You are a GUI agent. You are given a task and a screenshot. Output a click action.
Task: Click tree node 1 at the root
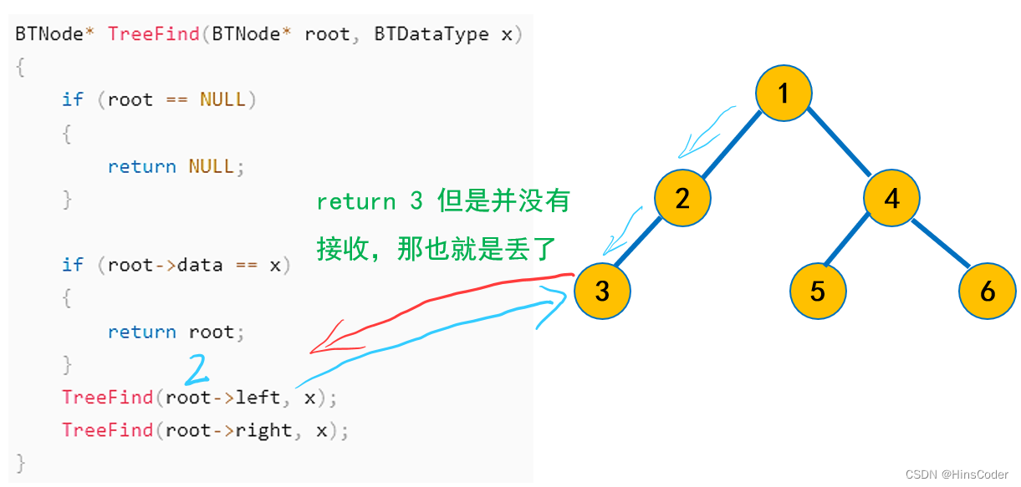(x=784, y=94)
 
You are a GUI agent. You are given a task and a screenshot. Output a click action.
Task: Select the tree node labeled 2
(x=682, y=199)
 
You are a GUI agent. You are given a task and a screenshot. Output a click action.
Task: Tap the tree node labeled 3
(x=603, y=291)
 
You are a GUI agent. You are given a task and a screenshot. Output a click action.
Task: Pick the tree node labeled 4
(x=892, y=199)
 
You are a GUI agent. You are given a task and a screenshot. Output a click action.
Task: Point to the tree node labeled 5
(x=818, y=291)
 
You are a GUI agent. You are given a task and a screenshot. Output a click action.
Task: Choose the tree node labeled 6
(x=988, y=291)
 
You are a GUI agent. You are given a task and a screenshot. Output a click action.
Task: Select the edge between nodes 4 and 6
(x=941, y=244)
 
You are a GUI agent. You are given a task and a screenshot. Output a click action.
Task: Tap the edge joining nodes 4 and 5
(x=851, y=241)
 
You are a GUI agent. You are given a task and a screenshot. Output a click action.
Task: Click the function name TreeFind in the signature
(x=153, y=34)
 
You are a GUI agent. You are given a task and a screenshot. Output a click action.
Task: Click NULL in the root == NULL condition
(x=222, y=99)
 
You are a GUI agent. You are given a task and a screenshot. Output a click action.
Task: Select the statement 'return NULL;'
(x=176, y=166)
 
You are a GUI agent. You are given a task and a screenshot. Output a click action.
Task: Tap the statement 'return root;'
(x=176, y=332)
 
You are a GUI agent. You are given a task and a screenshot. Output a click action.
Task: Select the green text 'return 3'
(x=370, y=202)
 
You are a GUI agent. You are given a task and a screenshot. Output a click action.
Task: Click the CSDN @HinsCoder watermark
(x=957, y=474)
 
